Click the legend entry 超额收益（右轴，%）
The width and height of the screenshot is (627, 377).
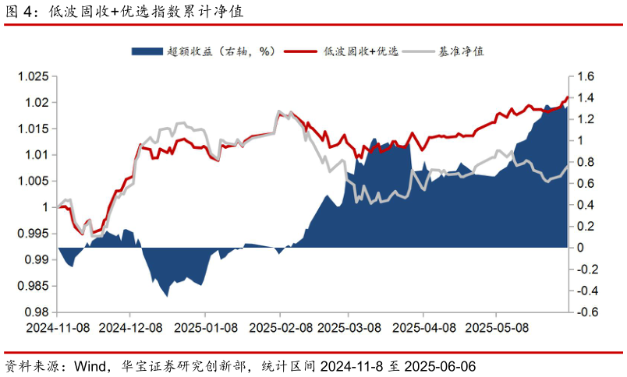(x=221, y=51)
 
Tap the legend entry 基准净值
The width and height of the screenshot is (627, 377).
(x=462, y=51)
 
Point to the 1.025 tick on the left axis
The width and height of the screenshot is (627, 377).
(x=34, y=76)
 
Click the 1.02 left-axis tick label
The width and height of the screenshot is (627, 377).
(x=37, y=103)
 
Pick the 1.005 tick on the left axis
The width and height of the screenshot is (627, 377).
(x=34, y=181)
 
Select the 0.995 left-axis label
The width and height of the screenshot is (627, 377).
(x=34, y=234)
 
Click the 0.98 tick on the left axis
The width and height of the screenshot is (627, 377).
(x=37, y=312)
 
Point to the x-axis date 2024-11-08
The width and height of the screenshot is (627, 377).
(x=57, y=328)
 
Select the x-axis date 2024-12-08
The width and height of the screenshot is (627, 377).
(x=130, y=328)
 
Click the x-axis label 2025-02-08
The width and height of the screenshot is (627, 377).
(x=280, y=328)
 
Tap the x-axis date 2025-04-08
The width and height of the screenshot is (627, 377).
(x=423, y=328)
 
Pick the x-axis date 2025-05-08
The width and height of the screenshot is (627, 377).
(x=497, y=328)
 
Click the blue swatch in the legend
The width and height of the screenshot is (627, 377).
(x=147, y=51)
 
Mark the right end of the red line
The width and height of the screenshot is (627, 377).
(x=568, y=97)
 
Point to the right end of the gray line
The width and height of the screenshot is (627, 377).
(x=568, y=166)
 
